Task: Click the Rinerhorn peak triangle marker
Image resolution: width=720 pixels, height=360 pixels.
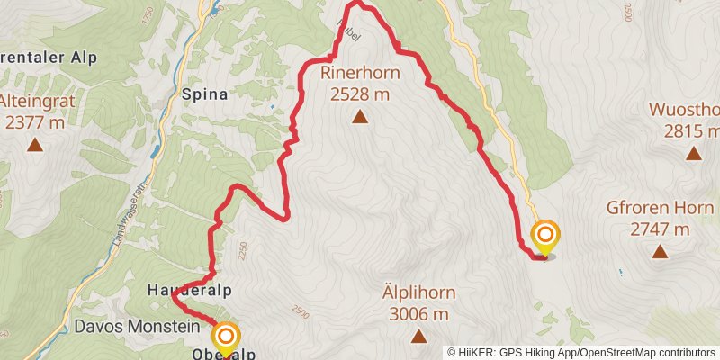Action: [360, 116]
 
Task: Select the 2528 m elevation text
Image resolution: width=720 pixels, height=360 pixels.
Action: [359, 93]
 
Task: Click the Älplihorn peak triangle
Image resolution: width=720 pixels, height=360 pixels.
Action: [418, 336]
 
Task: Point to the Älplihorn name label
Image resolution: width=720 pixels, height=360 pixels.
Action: [419, 293]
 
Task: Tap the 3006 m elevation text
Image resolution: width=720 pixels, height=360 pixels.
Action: [419, 313]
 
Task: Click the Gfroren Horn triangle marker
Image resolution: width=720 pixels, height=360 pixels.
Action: [660, 251]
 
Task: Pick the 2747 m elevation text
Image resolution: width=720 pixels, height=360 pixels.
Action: [660, 229]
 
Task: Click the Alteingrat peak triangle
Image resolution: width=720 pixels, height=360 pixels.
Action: [35, 144]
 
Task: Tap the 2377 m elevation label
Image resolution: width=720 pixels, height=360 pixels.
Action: [35, 121]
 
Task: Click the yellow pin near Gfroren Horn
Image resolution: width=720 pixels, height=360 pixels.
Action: [545, 238]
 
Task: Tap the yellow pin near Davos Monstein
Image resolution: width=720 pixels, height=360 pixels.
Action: [224, 339]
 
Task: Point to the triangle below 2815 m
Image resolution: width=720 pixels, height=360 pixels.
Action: [693, 153]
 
